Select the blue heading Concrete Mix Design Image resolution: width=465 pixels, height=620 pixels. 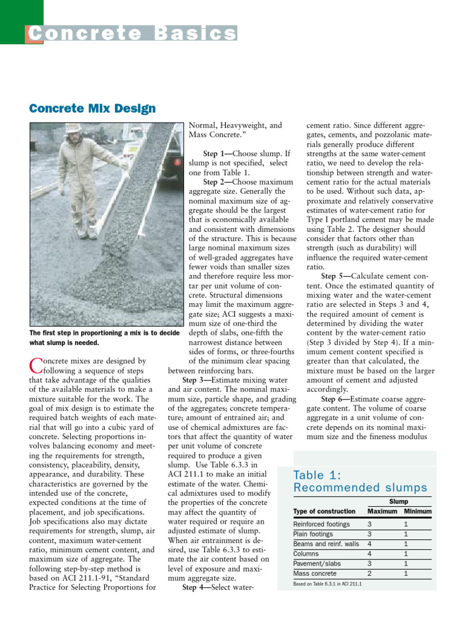click(x=92, y=109)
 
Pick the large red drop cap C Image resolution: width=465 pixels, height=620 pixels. click(x=34, y=365)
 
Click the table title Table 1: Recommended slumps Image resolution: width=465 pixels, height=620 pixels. click(x=360, y=481)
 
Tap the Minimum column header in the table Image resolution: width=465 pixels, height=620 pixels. click(x=418, y=511)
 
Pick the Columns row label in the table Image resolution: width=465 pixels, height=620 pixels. click(x=306, y=553)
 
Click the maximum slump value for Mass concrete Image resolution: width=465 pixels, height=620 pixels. click(x=369, y=573)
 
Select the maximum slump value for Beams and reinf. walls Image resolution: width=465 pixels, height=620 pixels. click(x=369, y=544)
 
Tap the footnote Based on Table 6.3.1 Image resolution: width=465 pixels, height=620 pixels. click(x=327, y=584)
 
